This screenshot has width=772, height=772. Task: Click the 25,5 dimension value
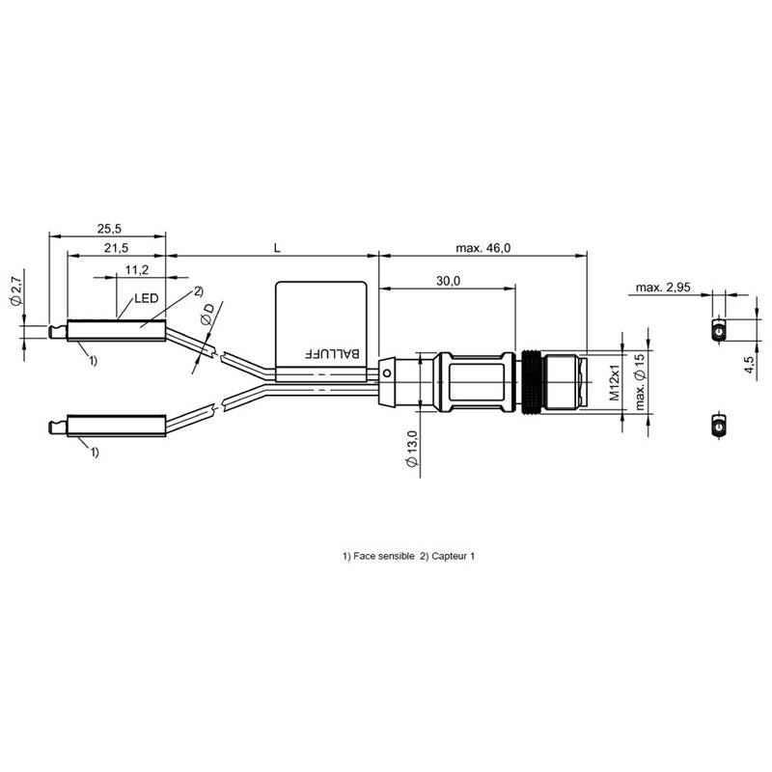click(109, 229)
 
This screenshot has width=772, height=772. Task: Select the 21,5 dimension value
click(116, 248)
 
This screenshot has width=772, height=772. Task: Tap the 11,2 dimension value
click(137, 270)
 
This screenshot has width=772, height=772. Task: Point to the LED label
click(147, 298)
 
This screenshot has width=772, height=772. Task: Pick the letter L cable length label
click(277, 248)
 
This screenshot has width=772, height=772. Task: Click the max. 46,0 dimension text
click(483, 248)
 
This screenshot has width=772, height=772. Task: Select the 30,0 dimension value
click(448, 281)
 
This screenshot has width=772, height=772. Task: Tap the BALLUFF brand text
click(333, 353)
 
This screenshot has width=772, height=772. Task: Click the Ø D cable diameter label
click(207, 315)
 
